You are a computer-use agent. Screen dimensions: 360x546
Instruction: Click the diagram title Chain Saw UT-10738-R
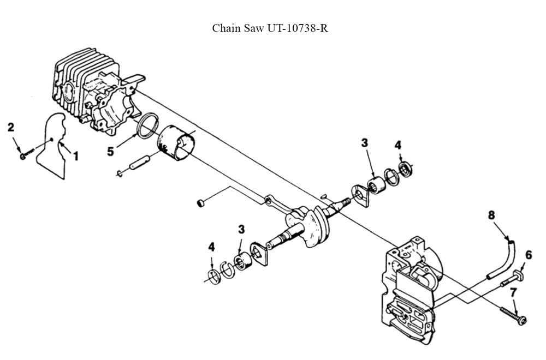pos(270,28)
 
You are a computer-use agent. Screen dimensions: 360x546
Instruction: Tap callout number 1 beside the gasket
pos(76,156)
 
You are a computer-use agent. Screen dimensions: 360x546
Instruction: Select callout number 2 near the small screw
pos(10,128)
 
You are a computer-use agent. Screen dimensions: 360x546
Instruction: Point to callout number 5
pos(111,151)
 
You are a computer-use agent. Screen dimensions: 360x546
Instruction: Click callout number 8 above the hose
pos(491,215)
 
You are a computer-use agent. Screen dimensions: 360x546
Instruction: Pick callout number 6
pos(529,255)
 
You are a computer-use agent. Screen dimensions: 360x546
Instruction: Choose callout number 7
pos(513,293)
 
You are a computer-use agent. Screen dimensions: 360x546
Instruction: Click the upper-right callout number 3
pos(364,143)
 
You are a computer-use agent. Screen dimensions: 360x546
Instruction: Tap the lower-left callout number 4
pos(212,247)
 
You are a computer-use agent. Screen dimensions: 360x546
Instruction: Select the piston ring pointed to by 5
pos(147,126)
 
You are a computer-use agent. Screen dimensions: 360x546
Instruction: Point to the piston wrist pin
pos(139,163)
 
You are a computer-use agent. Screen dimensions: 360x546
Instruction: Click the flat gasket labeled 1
pos(52,147)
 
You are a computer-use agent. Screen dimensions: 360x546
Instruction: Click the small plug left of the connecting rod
pos(200,203)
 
